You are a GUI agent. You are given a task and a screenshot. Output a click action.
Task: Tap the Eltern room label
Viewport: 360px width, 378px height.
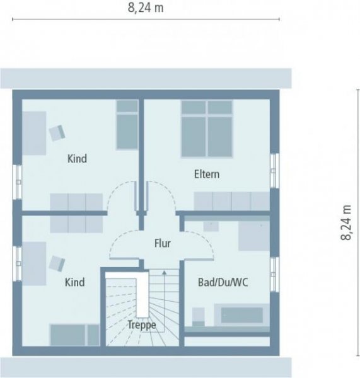(206, 174)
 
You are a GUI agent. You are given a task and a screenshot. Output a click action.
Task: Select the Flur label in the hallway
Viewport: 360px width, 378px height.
(162, 242)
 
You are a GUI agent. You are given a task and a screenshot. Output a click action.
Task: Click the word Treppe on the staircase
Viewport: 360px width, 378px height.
(141, 325)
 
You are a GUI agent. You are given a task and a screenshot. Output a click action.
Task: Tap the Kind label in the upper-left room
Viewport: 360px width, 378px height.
(77, 159)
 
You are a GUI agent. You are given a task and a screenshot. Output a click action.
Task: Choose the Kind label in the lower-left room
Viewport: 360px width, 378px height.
(74, 282)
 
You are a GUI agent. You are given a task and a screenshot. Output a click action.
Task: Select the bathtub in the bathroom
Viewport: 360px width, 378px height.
(241, 314)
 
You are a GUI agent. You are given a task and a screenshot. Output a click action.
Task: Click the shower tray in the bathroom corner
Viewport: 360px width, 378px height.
(253, 236)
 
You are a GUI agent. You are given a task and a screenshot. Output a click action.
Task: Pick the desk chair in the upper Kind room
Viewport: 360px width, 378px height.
(57, 132)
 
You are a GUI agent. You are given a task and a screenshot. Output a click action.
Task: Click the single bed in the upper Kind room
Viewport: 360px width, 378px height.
(127, 124)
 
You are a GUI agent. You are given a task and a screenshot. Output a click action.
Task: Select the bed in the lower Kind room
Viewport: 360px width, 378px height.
(74, 335)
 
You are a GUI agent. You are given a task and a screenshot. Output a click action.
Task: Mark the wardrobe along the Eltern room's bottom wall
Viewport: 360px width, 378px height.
(231, 201)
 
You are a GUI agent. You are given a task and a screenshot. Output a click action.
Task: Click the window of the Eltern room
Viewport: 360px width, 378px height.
(274, 171)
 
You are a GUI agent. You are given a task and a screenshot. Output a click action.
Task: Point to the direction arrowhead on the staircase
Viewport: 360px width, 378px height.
(165, 273)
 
